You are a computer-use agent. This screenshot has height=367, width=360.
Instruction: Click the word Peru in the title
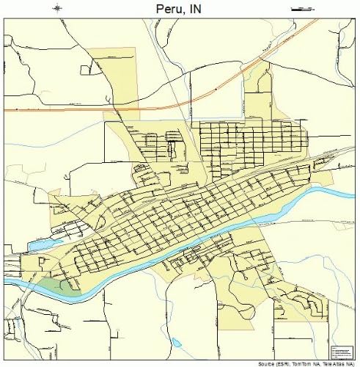tap(169, 9)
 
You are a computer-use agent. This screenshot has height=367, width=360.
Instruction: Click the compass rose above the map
tap(58, 8)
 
